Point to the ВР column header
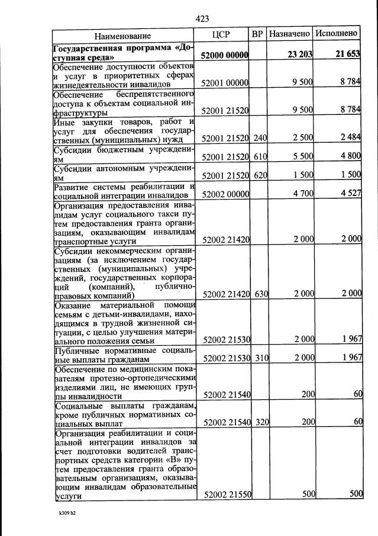point(257,34)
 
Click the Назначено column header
point(290,34)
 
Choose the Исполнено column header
point(337,34)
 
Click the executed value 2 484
point(349,138)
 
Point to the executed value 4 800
point(349,156)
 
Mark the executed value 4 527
point(349,194)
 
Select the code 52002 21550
point(227,495)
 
